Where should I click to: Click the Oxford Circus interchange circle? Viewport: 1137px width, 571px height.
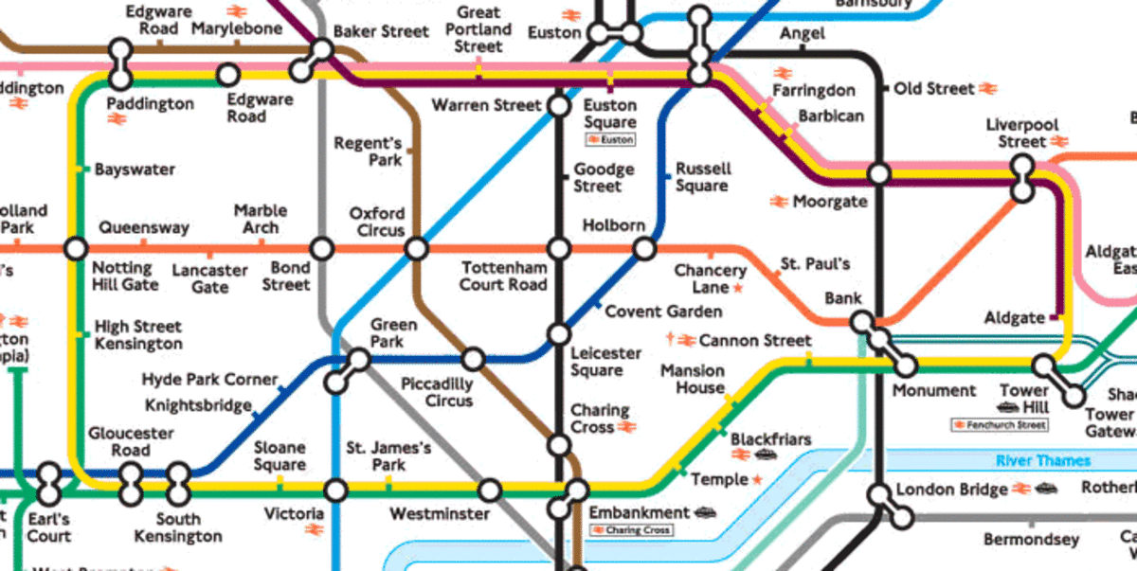pyautogui.click(x=416, y=249)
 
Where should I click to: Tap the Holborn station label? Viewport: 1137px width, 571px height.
pyautogui.click(x=613, y=226)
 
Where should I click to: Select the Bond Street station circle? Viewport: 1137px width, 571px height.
pyautogui.click(x=322, y=249)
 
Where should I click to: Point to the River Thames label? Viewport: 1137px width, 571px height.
pyautogui.click(x=1042, y=461)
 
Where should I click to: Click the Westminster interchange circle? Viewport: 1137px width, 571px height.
pyautogui.click(x=489, y=490)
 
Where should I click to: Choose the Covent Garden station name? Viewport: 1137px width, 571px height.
pyautogui.click(x=663, y=312)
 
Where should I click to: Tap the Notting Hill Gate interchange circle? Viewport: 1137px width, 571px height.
pyautogui.click(x=76, y=249)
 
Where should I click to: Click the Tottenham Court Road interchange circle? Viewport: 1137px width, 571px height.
pyautogui.click(x=559, y=249)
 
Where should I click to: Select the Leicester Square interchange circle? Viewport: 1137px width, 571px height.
pyautogui.click(x=559, y=333)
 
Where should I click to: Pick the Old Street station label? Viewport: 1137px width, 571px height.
pyautogui.click(x=935, y=89)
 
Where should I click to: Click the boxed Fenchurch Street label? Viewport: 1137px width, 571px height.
pyautogui.click(x=1000, y=425)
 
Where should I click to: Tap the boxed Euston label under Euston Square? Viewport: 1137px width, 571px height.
pyautogui.click(x=610, y=140)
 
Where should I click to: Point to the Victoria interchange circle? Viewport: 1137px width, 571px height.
pyautogui.click(x=335, y=490)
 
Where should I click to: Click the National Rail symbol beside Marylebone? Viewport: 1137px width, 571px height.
pyautogui.click(x=237, y=11)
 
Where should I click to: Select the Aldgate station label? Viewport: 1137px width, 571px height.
pyautogui.click(x=1014, y=318)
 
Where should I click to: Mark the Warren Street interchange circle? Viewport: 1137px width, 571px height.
pyautogui.click(x=559, y=105)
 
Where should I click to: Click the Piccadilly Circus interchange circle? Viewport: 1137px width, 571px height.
pyautogui.click(x=472, y=359)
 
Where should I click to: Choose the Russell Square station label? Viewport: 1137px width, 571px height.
pyautogui.click(x=702, y=177)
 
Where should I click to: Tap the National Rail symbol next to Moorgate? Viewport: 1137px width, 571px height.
pyautogui.click(x=779, y=202)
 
